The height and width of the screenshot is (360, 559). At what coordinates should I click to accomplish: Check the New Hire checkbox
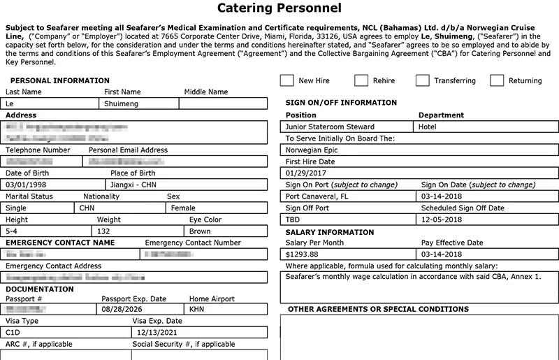[x=286, y=80]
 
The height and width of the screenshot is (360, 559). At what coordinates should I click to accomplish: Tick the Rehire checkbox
[x=361, y=80]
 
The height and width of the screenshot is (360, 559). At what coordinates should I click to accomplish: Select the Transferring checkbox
[x=422, y=80]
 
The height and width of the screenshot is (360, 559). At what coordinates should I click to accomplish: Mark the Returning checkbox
[x=497, y=80]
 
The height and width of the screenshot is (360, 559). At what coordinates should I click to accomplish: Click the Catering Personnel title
[x=279, y=8]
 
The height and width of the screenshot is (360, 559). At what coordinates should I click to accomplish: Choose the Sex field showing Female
[x=183, y=208]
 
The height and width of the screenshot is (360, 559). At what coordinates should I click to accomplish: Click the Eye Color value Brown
[x=200, y=231]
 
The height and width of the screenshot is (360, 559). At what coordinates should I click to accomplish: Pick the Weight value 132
[x=105, y=231]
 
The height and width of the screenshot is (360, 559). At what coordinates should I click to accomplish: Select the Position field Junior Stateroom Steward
[x=330, y=127]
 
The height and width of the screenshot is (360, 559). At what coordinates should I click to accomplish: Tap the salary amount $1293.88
[x=302, y=254]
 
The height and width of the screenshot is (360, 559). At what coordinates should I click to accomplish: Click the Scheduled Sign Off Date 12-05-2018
[x=442, y=219]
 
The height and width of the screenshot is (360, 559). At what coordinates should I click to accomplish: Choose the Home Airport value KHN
[x=197, y=308]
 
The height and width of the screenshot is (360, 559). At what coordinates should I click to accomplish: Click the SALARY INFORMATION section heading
[x=330, y=232]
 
